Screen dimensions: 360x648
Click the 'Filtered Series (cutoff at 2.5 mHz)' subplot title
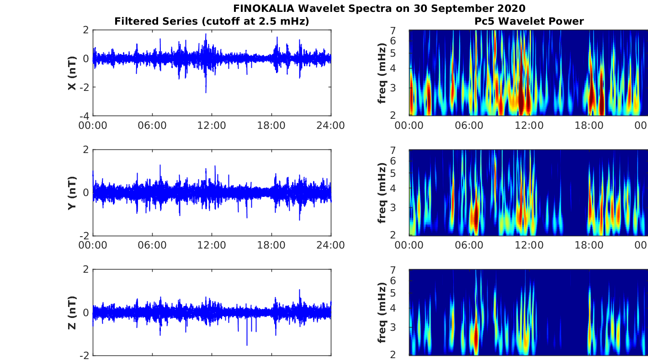tap(212, 21)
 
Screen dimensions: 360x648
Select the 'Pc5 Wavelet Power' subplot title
tap(529, 21)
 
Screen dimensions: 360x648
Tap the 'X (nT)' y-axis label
tap(72, 73)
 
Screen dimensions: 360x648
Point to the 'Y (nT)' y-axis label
tap(72, 193)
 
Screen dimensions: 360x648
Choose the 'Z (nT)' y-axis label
tap(72, 312)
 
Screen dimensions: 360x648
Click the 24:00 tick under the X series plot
tap(331, 126)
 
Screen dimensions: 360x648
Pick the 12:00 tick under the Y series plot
tap(212, 245)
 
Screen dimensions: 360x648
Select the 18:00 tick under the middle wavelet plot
tap(589, 245)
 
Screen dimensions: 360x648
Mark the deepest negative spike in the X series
tap(206, 92)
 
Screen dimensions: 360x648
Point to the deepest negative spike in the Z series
tap(247, 344)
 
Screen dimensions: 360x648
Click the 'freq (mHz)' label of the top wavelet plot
tap(382, 73)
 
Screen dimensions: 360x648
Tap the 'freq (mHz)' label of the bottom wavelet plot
tap(382, 312)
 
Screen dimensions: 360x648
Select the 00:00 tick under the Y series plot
tap(93, 245)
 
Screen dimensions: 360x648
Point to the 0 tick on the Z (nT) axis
tap(86, 312)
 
